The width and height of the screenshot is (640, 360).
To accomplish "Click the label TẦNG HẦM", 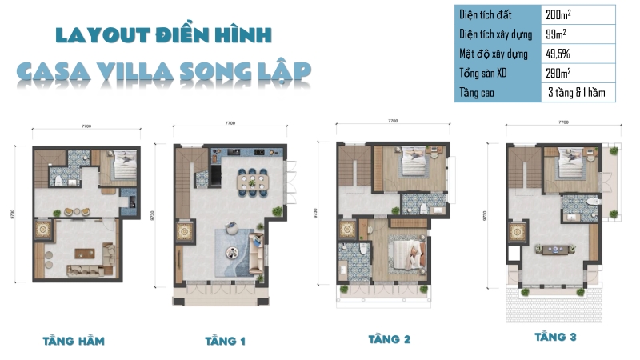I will (x=74, y=341).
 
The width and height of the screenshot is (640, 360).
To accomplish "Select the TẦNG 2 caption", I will (x=389, y=339).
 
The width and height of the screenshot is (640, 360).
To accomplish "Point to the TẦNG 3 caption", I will (x=555, y=337).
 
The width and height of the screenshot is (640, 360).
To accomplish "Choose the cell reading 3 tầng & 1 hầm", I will (x=576, y=93).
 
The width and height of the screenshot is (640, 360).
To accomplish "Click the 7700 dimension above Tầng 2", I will (x=393, y=121).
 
